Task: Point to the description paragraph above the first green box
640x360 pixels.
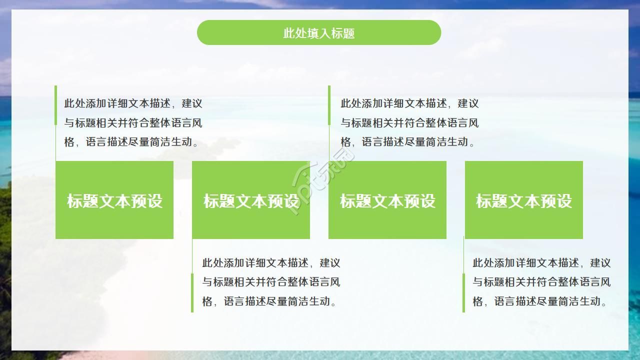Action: pyautogui.click(x=133, y=122)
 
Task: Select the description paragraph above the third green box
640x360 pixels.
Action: pyautogui.click(x=409, y=122)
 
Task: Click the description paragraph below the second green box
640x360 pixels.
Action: pyautogui.click(x=271, y=282)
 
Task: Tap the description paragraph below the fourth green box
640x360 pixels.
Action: pyautogui.click(x=541, y=282)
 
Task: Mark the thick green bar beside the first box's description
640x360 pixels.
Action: pyautogui.click(x=55, y=105)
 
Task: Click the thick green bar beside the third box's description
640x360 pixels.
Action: pyautogui.click(x=329, y=105)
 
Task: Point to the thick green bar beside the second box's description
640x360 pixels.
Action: pyautogui.click(x=192, y=292)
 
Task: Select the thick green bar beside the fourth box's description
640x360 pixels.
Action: pyautogui.click(x=463, y=292)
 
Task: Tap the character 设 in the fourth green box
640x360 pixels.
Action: pyautogui.click(x=564, y=201)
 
